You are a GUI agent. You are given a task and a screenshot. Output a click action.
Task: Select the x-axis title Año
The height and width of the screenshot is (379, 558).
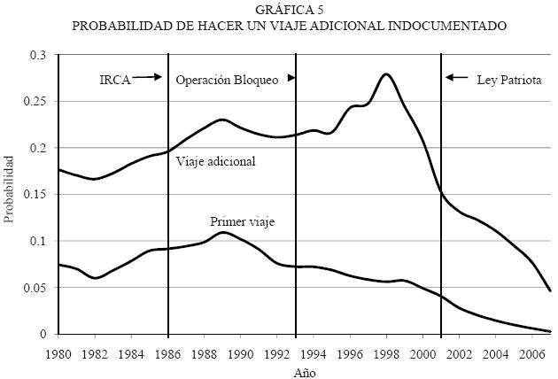(304, 373)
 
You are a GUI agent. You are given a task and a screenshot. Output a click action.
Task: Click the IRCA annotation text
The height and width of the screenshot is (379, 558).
(115, 79)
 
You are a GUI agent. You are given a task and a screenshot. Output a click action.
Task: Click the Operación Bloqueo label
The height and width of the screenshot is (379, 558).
(228, 79)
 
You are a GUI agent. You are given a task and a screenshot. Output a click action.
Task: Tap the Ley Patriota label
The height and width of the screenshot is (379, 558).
(509, 79)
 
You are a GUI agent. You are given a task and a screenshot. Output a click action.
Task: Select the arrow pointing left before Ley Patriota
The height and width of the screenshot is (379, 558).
(457, 78)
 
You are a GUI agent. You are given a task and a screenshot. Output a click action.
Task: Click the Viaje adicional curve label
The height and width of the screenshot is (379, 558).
(215, 162)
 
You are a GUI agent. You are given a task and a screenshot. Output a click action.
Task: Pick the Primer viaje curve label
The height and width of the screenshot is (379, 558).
(242, 221)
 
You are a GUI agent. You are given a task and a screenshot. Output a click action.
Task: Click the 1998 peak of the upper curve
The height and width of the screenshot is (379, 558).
(386, 73)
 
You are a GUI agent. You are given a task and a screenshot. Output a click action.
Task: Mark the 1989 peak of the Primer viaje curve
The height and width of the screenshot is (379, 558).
(222, 232)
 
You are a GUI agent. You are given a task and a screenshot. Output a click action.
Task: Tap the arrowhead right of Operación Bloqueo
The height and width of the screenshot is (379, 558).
(291, 78)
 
